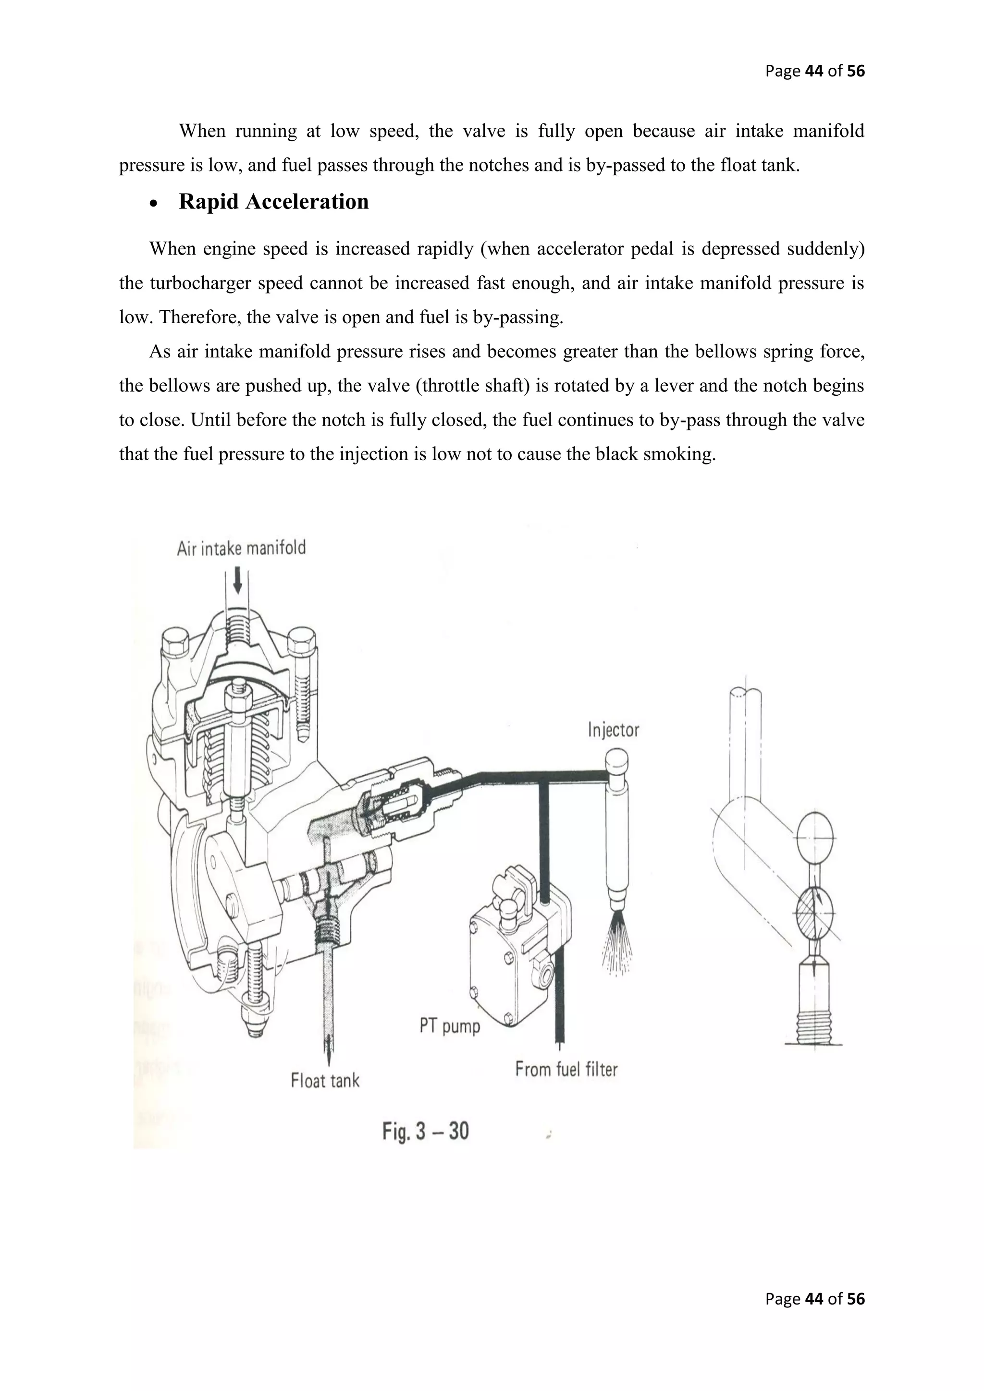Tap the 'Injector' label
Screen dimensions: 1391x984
click(x=613, y=730)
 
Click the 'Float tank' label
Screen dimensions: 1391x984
click(x=325, y=1080)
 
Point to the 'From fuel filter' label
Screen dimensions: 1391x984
click(x=566, y=1069)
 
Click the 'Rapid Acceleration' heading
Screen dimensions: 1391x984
click(x=273, y=202)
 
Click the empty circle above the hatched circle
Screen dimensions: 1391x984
click(x=814, y=837)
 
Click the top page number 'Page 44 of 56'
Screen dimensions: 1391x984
click(x=814, y=72)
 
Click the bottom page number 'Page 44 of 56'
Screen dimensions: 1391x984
click(x=814, y=1315)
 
